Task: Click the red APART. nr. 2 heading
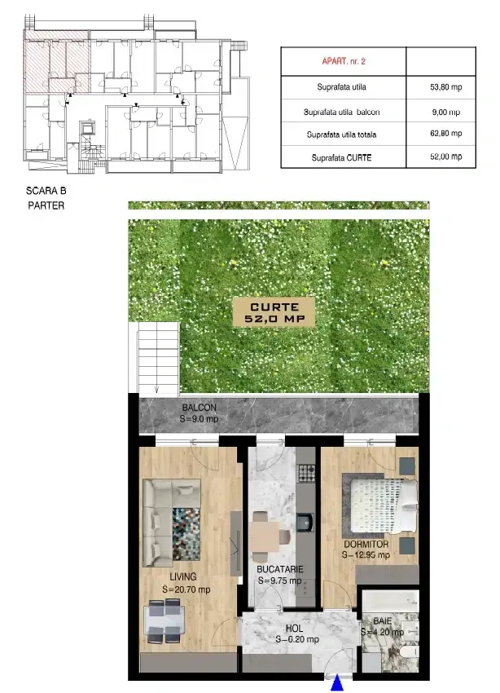pos(344,61)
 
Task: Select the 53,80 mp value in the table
pos(445,87)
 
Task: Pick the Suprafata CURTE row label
pos(341,158)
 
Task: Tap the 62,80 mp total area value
pos(445,133)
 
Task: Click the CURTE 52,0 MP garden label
pos(274,312)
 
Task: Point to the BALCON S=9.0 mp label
pos(199,413)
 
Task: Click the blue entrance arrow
pos(338,683)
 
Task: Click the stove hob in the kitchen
pos(307,472)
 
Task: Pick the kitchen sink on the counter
pos(305,523)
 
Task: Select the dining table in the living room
pos(164,621)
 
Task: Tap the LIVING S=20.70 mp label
pos(186,583)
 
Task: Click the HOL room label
pos(294,628)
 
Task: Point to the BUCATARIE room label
pos(280,569)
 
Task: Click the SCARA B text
pos(46,191)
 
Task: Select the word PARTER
pos(46,205)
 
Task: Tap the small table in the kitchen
pos(265,536)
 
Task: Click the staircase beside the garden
pos(158,358)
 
